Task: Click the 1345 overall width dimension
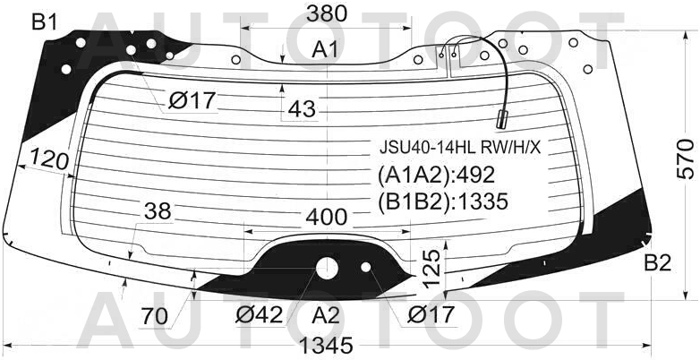point(326,346)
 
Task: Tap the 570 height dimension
point(686,159)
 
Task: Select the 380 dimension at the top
point(327,13)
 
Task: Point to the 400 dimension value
point(326,218)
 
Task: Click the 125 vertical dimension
point(431,269)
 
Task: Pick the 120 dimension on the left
point(49,160)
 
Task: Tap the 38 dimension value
point(158,210)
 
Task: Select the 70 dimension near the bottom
point(156,316)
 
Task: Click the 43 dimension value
point(302,108)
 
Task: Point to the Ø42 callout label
point(260,315)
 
